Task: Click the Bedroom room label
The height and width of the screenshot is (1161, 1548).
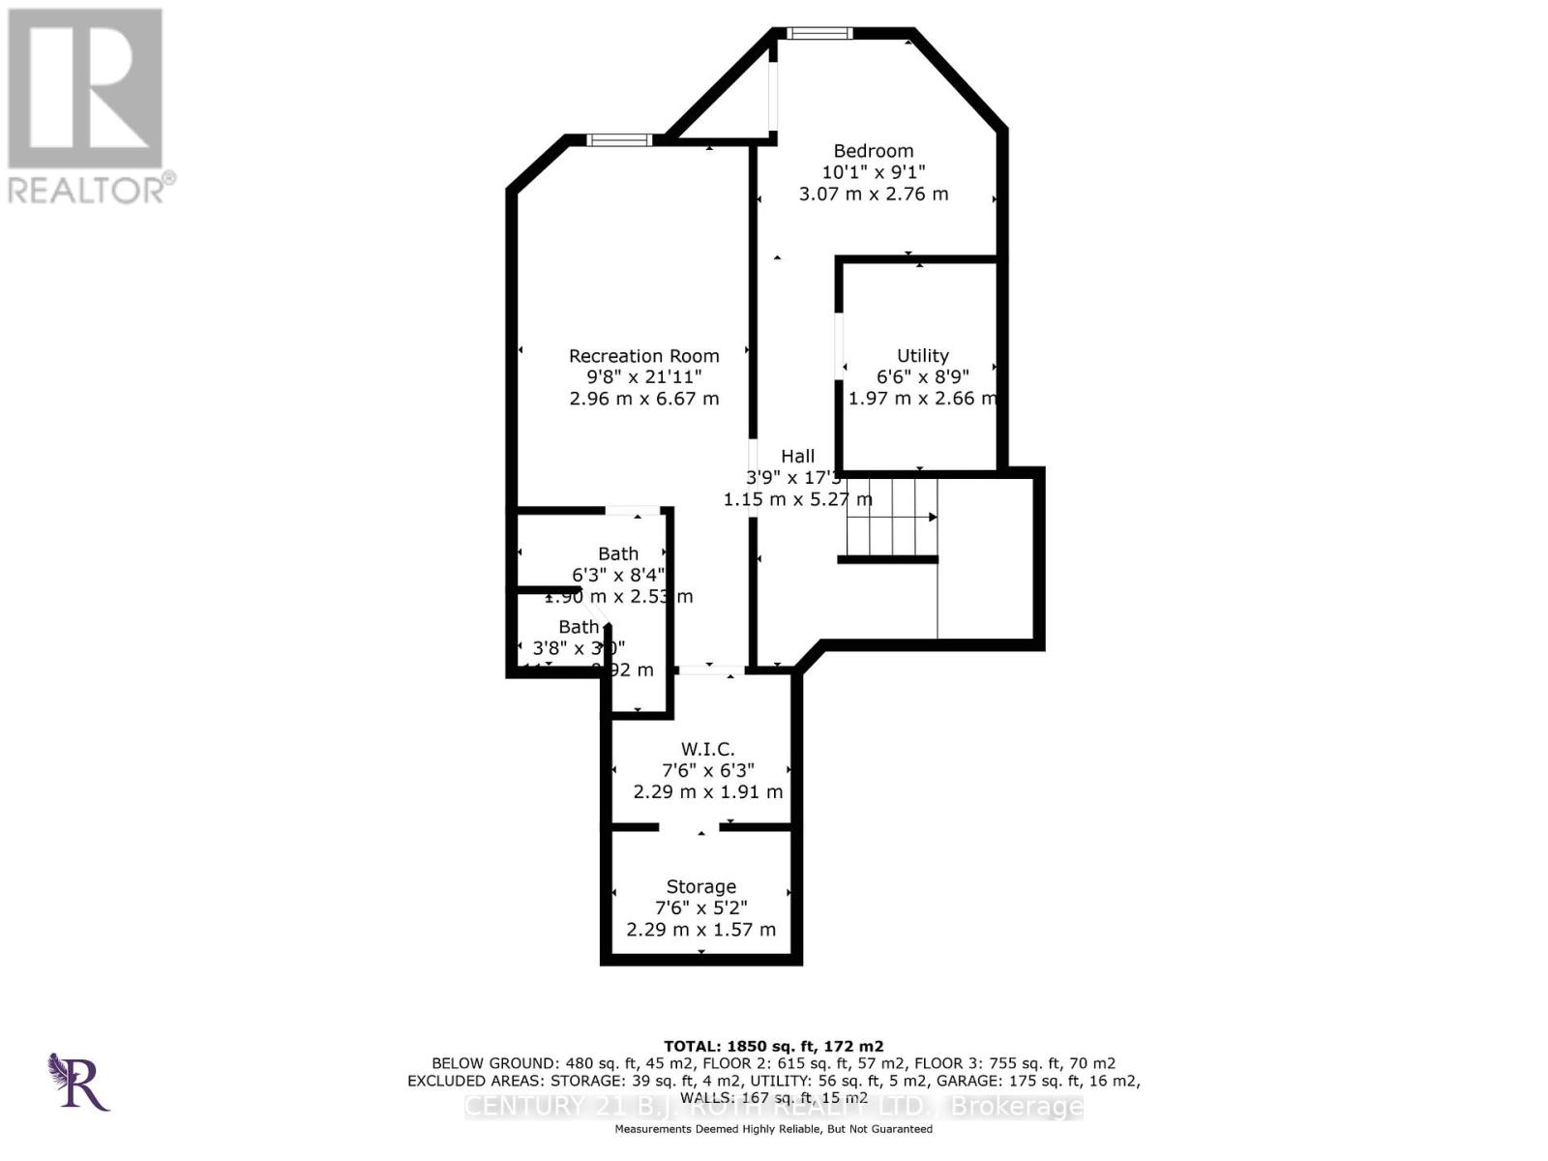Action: [873, 151]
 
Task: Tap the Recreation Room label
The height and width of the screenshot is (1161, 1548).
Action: [643, 356]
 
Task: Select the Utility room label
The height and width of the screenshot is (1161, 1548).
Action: [922, 356]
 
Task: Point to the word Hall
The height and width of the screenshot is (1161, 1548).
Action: [798, 456]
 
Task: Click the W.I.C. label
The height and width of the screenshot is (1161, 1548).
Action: [707, 749]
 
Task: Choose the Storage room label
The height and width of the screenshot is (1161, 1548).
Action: [700, 886]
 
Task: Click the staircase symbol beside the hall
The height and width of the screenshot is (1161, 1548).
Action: [890, 518]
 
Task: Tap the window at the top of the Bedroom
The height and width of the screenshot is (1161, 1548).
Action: [819, 34]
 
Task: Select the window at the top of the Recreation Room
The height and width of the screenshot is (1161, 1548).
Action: [619, 140]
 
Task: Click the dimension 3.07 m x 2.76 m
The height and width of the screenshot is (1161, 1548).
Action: [873, 193]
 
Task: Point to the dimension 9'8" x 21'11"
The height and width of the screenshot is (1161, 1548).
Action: [643, 377]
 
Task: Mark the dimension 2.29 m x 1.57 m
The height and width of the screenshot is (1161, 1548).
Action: [700, 930]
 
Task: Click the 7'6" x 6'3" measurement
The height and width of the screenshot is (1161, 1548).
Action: [707, 770]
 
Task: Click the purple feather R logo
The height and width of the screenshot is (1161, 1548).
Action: [77, 1082]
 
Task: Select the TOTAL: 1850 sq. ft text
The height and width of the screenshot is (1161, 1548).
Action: [773, 1046]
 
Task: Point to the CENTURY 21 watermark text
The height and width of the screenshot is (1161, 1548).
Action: [773, 1107]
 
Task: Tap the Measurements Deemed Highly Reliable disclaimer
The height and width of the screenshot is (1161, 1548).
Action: [773, 1129]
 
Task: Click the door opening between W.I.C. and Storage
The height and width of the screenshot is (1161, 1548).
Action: [689, 827]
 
